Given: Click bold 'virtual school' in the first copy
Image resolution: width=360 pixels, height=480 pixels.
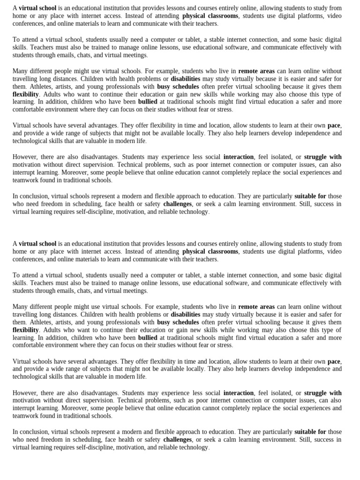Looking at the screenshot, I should pyautogui.click(x=37, y=8).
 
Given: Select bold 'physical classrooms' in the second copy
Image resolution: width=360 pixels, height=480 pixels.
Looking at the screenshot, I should pyautogui.click(x=210, y=252).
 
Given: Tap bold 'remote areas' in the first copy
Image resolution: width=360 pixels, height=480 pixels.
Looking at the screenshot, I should pyautogui.click(x=256, y=71).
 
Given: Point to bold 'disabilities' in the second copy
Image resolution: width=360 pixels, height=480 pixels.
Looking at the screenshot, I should pyautogui.click(x=185, y=315).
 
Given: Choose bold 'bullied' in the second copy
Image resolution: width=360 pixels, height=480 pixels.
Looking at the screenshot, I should pyautogui.click(x=148, y=337).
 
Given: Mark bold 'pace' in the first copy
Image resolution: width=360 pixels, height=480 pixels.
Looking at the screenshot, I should pyautogui.click(x=334, y=126).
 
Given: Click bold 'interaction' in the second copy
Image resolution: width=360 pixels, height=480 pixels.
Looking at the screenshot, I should pyautogui.click(x=239, y=393).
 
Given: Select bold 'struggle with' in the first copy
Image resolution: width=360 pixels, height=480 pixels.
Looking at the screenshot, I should pyautogui.click(x=322, y=157).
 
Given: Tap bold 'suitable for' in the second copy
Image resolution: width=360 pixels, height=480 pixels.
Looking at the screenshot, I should pyautogui.click(x=310, y=432).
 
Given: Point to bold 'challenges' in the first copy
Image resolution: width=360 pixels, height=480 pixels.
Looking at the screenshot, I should pyautogui.click(x=178, y=204).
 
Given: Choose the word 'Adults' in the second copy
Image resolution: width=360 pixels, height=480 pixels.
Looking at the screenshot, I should pyautogui.click(x=50, y=330).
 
